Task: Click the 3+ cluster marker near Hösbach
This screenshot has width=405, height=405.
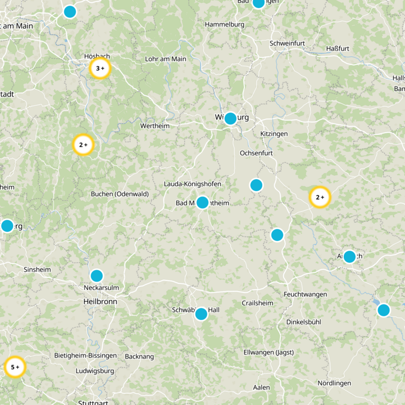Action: [100, 68]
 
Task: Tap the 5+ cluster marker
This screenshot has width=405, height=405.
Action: [15, 367]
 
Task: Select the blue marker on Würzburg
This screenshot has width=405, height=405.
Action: [230, 118]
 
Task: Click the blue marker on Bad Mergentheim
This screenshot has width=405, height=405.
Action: [202, 202]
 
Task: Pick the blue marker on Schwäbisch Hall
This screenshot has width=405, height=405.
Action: [201, 314]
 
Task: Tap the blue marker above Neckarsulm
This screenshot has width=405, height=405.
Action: [97, 276]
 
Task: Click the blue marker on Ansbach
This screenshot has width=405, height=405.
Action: [349, 256]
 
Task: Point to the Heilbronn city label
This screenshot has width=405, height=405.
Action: [100, 301]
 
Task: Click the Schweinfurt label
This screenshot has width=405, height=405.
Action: [287, 44]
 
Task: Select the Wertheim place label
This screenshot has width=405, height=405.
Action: [155, 126]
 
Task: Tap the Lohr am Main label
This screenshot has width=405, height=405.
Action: [166, 59]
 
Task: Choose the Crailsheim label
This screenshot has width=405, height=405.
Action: [257, 303]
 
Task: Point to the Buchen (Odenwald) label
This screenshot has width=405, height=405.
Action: [119, 194]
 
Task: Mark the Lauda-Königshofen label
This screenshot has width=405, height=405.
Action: [192, 184]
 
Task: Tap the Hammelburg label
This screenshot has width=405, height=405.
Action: [225, 24]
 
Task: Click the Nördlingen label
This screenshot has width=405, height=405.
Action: [334, 383]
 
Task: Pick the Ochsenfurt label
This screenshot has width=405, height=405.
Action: [256, 153]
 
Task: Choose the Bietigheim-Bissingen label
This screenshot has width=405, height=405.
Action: [86, 356]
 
